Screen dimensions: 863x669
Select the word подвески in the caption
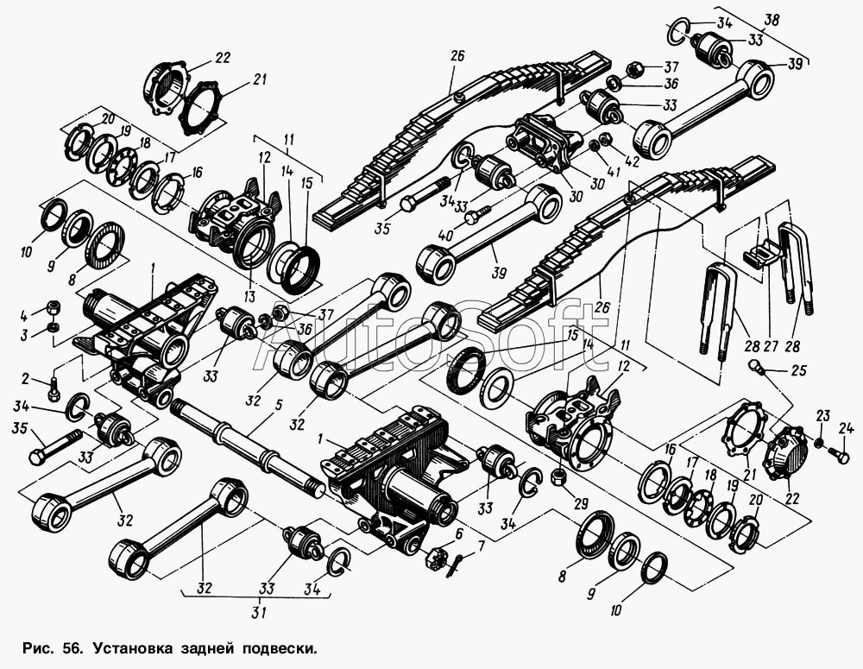[x=280, y=649]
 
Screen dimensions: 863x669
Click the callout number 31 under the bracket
[x=259, y=612]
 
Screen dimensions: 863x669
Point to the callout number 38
[x=772, y=21]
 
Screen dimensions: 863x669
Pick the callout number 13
[x=250, y=297]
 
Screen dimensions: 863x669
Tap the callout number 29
[x=581, y=503]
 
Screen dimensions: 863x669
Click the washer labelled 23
[x=819, y=443]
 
